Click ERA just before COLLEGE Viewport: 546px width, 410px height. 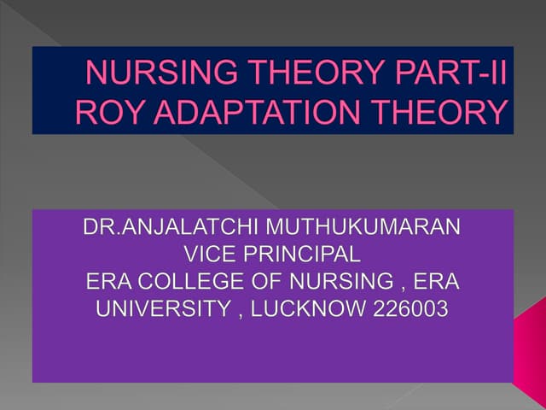click(x=107, y=281)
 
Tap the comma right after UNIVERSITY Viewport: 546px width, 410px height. click(x=228, y=313)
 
